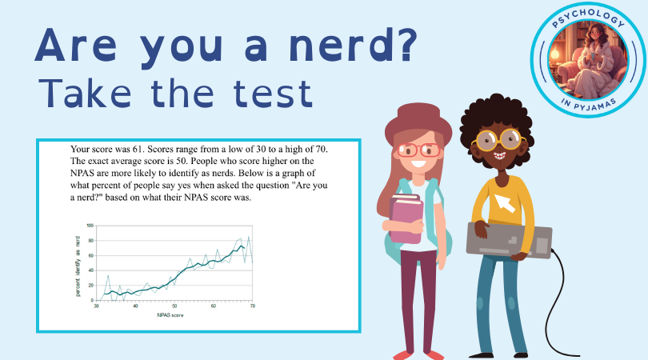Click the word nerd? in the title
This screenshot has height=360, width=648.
354,45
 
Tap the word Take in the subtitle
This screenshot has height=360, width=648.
85,94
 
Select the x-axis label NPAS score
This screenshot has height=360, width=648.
170,315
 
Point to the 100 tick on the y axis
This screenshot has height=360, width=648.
90,226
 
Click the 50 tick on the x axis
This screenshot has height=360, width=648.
174,306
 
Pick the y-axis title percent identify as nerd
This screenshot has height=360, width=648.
78,266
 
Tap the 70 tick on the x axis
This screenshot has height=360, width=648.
253,306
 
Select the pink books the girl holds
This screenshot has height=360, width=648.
406,218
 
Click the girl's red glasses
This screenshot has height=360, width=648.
418,150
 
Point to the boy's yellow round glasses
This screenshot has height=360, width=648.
499,140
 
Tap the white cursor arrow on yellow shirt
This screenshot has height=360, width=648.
505,202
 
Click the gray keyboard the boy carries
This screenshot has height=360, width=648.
509,240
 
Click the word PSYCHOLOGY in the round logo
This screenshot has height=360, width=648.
588,18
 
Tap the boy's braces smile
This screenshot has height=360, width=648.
499,156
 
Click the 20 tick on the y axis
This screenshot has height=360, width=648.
91,286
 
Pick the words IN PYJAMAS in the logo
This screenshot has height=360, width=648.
589,105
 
